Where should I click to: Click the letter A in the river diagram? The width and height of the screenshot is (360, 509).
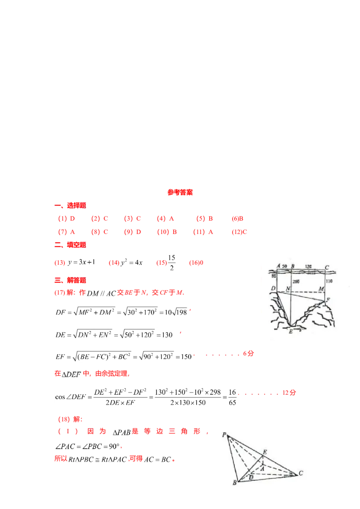click(x=279, y=266)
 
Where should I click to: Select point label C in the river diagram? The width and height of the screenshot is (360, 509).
click(x=327, y=268)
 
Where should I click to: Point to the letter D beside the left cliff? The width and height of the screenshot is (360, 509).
click(x=273, y=288)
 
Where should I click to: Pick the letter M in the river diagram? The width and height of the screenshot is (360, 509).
click(x=321, y=288)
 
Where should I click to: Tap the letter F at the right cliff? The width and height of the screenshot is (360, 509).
click(x=328, y=299)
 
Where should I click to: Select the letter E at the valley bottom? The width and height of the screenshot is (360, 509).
click(x=291, y=331)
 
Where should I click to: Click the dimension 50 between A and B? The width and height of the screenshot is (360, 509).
click(x=284, y=266)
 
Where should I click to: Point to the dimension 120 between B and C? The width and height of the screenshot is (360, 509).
click(x=309, y=266)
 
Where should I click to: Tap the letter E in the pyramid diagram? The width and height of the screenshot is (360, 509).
click(x=265, y=451)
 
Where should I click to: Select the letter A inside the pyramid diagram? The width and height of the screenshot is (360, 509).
click(x=262, y=468)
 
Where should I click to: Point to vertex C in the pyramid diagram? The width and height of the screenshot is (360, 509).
click(x=300, y=473)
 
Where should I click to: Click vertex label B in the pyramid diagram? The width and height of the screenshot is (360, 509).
click(x=234, y=483)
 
